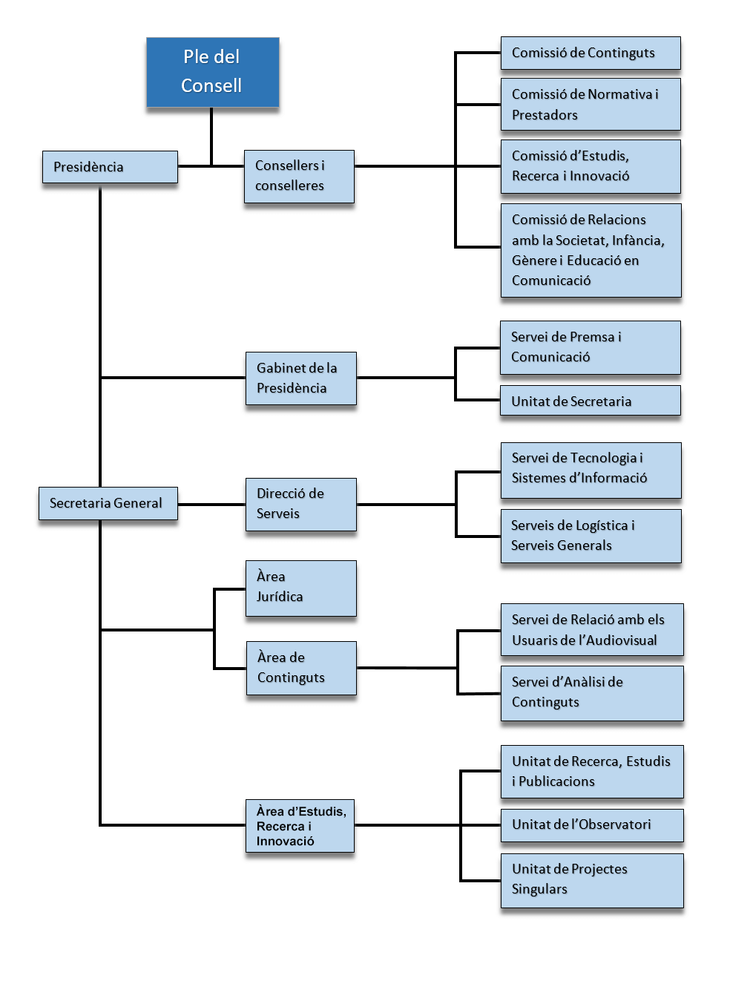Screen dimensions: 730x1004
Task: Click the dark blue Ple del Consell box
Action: (x=212, y=72)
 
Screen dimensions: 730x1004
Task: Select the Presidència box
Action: (x=110, y=167)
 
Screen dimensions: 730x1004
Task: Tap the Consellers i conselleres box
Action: (x=299, y=176)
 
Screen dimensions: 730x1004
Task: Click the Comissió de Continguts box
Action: (x=591, y=53)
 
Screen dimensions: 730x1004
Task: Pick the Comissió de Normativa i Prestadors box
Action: (x=591, y=105)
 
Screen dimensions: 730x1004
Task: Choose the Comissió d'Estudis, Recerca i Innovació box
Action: (x=591, y=166)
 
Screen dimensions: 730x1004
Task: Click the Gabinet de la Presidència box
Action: (x=300, y=378)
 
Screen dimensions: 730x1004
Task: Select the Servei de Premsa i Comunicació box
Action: (x=591, y=347)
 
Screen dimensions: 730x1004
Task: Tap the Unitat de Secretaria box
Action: (x=591, y=400)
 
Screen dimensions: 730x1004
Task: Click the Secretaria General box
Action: (x=108, y=503)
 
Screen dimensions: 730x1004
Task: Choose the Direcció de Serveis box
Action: (x=300, y=505)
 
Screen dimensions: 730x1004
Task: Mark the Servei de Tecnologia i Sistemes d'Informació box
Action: (x=591, y=470)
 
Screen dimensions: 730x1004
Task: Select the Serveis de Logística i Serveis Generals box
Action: (x=591, y=536)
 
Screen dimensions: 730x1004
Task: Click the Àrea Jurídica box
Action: (x=300, y=588)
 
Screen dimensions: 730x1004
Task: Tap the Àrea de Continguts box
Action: (x=301, y=668)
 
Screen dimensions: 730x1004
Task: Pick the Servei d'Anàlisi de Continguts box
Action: (x=592, y=693)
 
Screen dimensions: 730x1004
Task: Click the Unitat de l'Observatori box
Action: (x=592, y=825)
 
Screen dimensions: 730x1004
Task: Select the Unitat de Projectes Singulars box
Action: (x=592, y=880)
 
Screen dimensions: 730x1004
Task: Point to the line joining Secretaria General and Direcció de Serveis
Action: (x=211, y=505)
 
